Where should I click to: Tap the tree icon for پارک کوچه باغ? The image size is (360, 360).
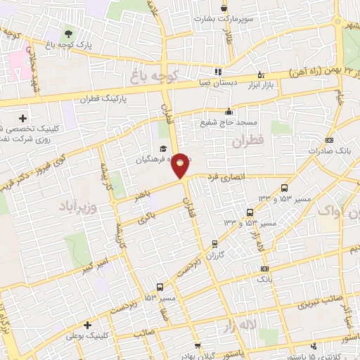click(x=68, y=33)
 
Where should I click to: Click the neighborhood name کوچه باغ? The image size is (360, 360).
click(x=161, y=73)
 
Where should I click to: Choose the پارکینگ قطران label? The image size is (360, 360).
click(x=103, y=100)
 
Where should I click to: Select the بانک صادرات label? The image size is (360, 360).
click(x=334, y=150)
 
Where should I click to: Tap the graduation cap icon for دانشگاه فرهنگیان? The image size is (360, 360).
click(x=162, y=148)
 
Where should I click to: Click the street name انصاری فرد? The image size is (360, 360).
click(x=224, y=176)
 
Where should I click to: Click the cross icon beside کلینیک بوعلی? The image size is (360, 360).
click(x=88, y=326)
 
